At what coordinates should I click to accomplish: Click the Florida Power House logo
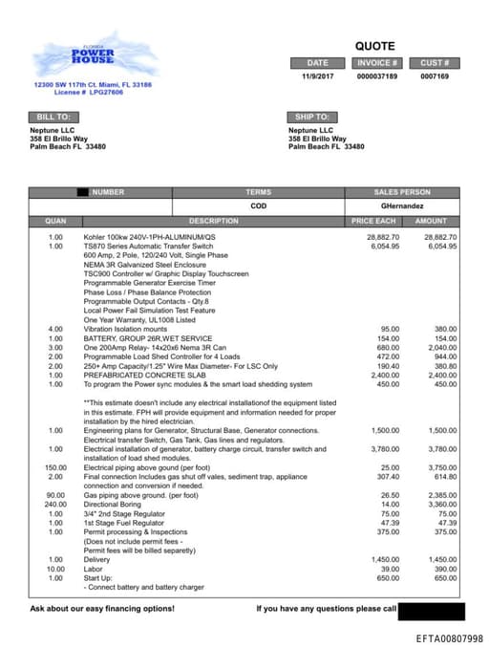tap(92, 56)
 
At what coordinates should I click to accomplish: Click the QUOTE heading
tap(374, 46)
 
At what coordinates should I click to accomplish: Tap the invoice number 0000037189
tap(376, 76)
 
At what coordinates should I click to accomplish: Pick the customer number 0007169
tap(435, 76)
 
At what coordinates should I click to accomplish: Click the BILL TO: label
tap(48, 117)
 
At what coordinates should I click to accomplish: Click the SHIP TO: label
tap(311, 117)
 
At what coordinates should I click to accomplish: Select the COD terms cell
tap(259, 205)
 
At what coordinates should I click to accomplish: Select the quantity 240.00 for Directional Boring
tap(55, 504)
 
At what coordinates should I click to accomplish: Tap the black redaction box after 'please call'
tap(431, 611)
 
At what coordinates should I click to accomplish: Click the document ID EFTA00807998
tap(449, 638)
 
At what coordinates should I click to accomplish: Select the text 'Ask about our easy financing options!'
tap(102, 608)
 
